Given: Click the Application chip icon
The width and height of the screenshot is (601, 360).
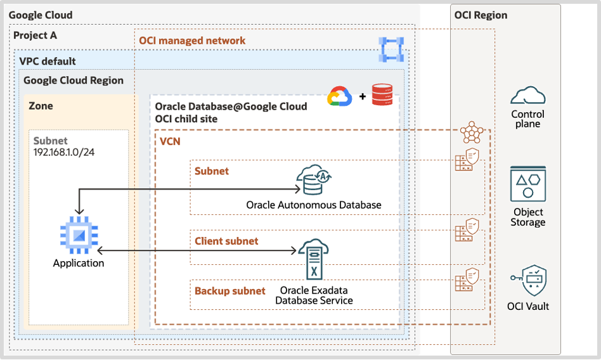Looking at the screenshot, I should click(79, 235).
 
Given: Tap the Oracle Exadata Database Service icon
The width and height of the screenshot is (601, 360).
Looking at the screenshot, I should click(313, 260).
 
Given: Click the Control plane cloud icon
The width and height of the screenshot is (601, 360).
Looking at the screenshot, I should click(528, 96).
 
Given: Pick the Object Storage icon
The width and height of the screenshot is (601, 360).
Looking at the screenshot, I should click(528, 184).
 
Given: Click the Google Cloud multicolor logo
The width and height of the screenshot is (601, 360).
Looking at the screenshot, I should click(339, 96).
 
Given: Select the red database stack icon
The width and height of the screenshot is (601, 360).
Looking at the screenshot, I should click(382, 96).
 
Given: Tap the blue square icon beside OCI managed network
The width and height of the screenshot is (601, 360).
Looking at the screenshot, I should click(391, 49).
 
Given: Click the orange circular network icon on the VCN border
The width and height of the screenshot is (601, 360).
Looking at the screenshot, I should click(471, 132).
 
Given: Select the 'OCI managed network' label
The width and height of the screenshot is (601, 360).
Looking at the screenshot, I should click(192, 41).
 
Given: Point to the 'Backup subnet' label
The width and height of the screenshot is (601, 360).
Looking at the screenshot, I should click(229, 291).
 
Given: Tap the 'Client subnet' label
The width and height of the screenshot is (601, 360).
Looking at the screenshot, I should click(226, 241).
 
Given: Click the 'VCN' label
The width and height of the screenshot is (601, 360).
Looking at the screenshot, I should click(170, 141).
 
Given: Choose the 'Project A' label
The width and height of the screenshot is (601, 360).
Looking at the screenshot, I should click(35, 35).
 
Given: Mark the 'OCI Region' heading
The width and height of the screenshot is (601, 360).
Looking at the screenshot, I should click(481, 15).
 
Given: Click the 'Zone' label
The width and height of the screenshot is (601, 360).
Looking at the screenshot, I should click(41, 106).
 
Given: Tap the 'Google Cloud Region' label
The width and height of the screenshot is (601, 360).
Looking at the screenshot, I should click(74, 80).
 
